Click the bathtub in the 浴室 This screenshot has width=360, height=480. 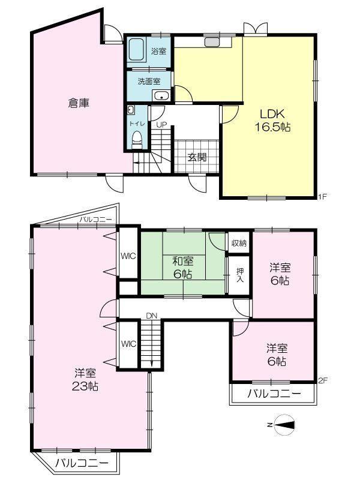[136, 49]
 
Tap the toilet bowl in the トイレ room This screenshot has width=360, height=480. [137, 139]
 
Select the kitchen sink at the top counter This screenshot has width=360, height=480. [212, 42]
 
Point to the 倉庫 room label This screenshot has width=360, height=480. [79, 103]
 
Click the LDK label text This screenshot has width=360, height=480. [272, 114]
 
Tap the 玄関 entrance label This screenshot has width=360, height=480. [197, 157]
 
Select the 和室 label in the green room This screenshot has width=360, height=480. [183, 261]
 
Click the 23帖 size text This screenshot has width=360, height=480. [85, 386]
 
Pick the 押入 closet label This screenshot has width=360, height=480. [240, 275]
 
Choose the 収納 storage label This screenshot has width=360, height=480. [239, 244]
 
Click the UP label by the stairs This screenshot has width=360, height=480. [161, 125]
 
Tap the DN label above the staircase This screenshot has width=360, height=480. [152, 316]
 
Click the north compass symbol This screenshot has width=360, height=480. [283, 425]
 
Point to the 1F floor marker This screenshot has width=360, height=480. [323, 196]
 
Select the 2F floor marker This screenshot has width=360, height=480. [323, 380]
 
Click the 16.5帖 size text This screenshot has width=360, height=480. [273, 127]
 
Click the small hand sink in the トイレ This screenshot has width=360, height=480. [131, 110]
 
